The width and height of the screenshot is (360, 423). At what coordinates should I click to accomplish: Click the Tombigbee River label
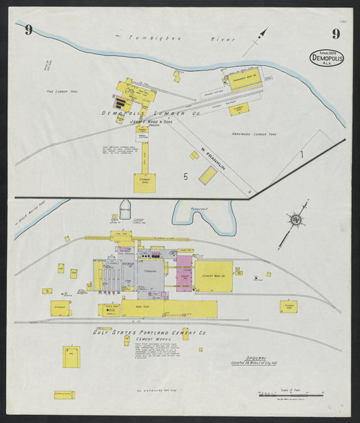point(175,39)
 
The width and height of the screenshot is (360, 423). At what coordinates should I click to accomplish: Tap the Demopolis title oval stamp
point(327,57)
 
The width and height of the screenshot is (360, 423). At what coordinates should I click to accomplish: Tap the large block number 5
point(185,177)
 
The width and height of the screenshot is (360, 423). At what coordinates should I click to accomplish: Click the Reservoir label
point(201,209)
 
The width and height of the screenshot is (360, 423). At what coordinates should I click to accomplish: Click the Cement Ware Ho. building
point(214,276)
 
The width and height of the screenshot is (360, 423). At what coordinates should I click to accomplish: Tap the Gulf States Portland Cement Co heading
point(149,332)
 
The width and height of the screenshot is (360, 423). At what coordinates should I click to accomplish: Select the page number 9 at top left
point(28,29)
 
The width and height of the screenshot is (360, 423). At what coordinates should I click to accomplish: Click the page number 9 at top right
point(335,34)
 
